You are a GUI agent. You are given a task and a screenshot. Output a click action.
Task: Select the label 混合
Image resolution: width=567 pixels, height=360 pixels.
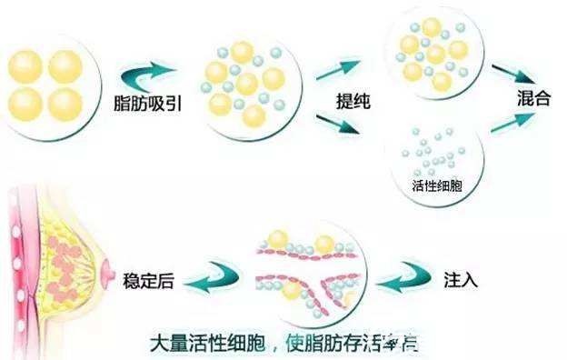[536, 99]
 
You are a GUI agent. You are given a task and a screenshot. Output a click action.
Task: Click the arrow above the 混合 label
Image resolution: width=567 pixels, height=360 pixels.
[514, 72]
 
